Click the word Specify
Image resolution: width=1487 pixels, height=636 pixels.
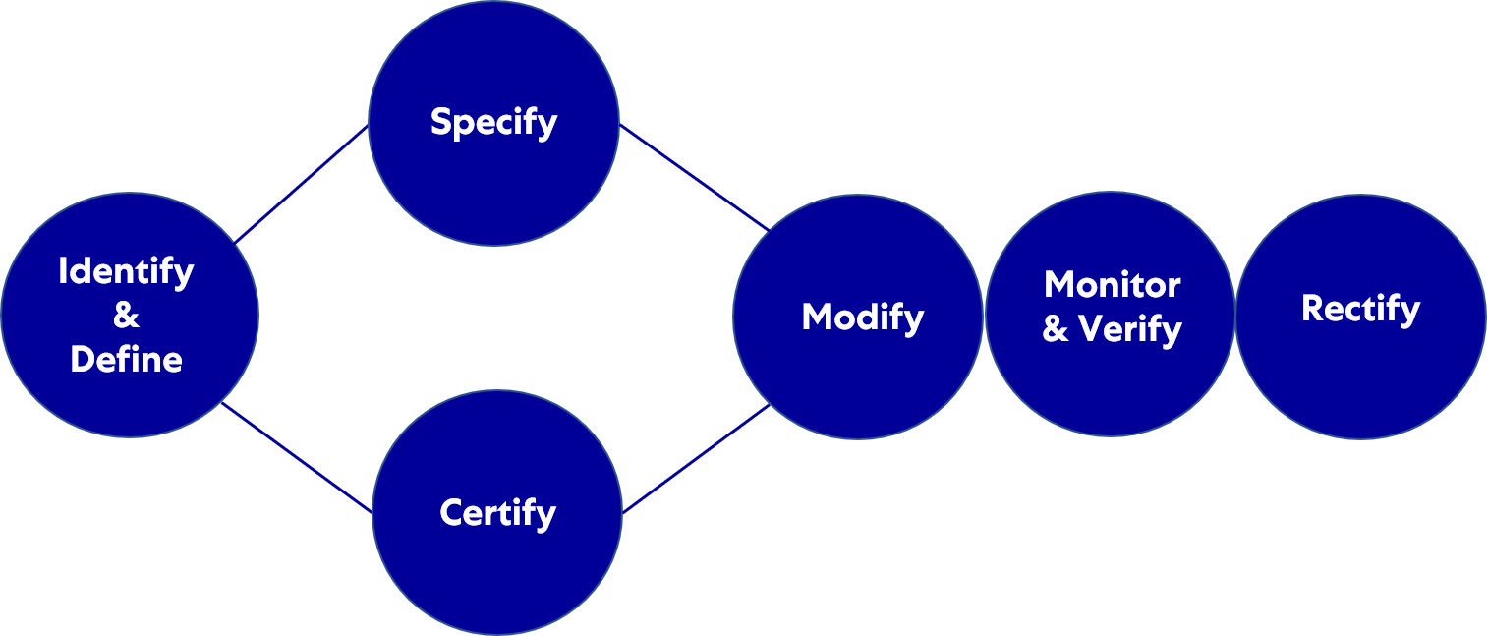click(x=493, y=122)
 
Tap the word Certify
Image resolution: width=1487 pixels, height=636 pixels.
click(x=497, y=513)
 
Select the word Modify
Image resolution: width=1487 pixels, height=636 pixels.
click(x=862, y=317)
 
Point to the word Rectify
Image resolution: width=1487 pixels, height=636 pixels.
click(x=1360, y=309)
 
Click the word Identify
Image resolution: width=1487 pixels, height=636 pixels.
click(x=126, y=271)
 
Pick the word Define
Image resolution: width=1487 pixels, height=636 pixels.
click(x=127, y=360)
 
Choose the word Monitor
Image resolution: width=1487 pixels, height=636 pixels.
click(x=1112, y=285)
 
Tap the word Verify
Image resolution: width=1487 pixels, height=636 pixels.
click(x=1129, y=329)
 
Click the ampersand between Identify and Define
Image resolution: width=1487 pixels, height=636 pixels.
click(x=126, y=316)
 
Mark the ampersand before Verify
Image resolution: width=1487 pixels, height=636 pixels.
click(x=1056, y=329)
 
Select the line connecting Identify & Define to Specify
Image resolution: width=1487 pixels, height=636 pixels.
click(x=301, y=184)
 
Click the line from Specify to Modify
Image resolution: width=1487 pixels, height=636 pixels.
click(x=693, y=177)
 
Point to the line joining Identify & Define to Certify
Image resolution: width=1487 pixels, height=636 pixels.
click(x=297, y=457)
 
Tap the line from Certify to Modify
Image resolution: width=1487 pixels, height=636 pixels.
click(x=696, y=459)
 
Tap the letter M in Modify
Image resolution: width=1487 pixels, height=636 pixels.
click(x=818, y=317)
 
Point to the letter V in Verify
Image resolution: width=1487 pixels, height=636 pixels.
click(x=1091, y=329)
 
